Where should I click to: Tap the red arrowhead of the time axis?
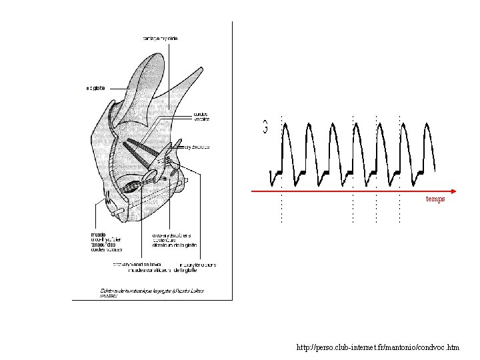click(451, 191)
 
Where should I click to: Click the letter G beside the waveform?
click(265, 126)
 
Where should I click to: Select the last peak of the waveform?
click(425, 127)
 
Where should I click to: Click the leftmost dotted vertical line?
click(282, 167)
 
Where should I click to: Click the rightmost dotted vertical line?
click(399, 167)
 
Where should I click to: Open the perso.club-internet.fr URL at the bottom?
click(377, 347)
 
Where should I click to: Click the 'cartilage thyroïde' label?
click(160, 38)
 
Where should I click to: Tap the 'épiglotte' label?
click(96, 87)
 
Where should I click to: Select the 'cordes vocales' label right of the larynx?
click(201, 117)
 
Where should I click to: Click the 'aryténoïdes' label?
click(197, 147)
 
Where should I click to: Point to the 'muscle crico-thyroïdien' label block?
click(106, 242)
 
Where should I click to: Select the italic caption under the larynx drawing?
click(133, 291)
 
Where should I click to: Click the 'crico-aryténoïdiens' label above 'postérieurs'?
click(171, 235)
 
